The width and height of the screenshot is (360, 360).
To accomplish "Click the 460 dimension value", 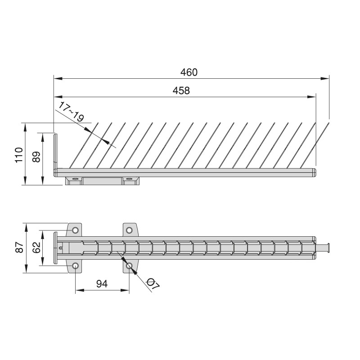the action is pyautogui.click(x=189, y=72).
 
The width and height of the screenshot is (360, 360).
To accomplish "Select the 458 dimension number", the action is pyautogui.click(x=181, y=91).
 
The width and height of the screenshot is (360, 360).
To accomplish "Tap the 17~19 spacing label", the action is pyautogui.click(x=71, y=112).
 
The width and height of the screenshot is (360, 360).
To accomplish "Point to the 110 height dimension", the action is pyautogui.click(x=19, y=155).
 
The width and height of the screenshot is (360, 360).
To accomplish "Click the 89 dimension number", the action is pyautogui.click(x=36, y=157).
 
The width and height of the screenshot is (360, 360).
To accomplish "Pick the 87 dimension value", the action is pyautogui.click(x=19, y=247).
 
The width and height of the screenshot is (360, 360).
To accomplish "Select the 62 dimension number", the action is pyautogui.click(x=36, y=247).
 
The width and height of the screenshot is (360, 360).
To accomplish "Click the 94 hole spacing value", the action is pyautogui.click(x=102, y=284).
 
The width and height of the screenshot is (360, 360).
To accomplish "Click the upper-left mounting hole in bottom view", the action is pyautogui.click(x=75, y=230).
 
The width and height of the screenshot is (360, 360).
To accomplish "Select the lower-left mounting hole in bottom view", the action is pyautogui.click(x=75, y=266).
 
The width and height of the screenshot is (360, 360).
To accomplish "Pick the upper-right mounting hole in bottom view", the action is pyautogui.click(x=129, y=230).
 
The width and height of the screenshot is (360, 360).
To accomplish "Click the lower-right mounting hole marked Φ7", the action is pyautogui.click(x=129, y=266).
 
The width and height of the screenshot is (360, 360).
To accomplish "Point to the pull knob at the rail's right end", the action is pyautogui.click(x=323, y=248).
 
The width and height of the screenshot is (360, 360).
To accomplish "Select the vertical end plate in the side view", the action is pyautogui.click(x=55, y=155).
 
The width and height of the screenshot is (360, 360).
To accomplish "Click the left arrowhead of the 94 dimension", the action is pyautogui.click(x=80, y=290).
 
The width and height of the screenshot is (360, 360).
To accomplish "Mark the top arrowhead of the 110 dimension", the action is pyautogui.click(x=25, y=127).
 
